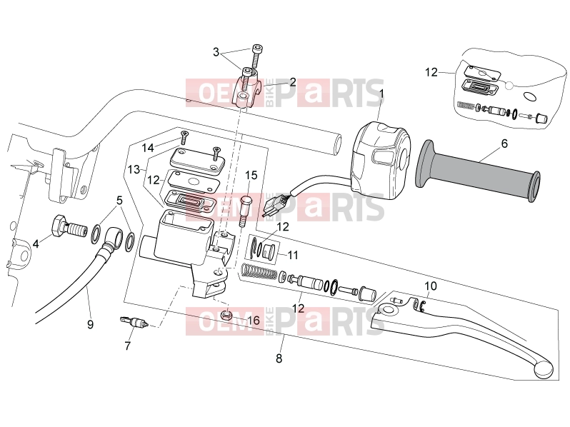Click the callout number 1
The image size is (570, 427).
[x=381, y=94]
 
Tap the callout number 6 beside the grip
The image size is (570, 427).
[x=504, y=144]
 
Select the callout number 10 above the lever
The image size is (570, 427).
[x=431, y=286]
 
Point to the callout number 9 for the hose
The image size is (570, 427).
[x=90, y=323]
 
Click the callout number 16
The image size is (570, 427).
[x=254, y=320]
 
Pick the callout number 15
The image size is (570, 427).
[x=251, y=175]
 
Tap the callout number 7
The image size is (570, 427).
[x=127, y=346]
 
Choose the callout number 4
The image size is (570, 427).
[x=36, y=243]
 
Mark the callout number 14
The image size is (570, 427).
[x=148, y=148]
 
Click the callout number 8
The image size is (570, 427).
[x=279, y=358]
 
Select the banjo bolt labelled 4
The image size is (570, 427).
[x=70, y=228]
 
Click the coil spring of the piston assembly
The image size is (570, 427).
[x=259, y=272]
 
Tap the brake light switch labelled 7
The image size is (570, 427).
[x=134, y=321]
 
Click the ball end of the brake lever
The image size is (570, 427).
[x=544, y=370]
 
